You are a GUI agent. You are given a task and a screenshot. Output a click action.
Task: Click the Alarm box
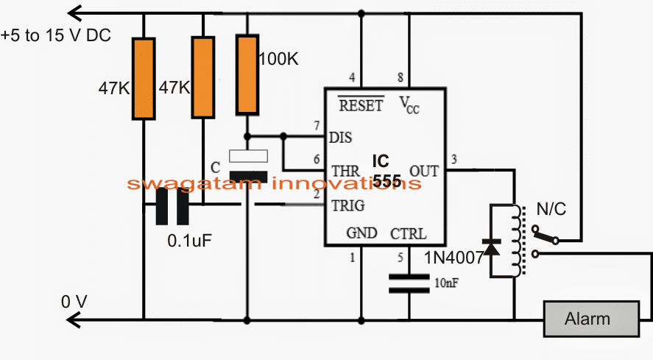[591, 319]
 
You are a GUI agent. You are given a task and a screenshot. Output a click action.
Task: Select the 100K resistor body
[247, 74]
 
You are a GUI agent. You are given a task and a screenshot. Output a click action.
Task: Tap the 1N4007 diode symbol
[491, 247]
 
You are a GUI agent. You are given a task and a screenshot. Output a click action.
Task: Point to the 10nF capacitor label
[446, 283]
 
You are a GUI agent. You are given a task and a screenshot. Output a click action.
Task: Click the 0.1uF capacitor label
[189, 241]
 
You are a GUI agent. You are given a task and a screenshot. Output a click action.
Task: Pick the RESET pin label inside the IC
[361, 105]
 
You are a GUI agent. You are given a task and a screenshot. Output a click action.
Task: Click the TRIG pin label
[348, 205]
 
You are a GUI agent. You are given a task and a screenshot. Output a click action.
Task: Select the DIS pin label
[341, 138]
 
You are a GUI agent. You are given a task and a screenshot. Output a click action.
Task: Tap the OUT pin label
[424, 172]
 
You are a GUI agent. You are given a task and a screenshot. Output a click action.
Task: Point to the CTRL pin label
[408, 234]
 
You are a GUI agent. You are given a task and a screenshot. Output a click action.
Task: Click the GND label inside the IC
[361, 233]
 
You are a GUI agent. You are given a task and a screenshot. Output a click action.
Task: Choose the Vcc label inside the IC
[409, 105]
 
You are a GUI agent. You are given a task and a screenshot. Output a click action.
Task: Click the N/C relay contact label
[551, 209]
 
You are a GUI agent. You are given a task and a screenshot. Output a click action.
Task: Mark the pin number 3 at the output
[454, 159]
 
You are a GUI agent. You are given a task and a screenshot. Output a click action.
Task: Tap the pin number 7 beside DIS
[317, 125]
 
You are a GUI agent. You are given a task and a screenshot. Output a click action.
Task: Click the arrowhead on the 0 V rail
[74, 320]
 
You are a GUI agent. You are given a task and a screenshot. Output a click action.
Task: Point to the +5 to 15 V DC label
[56, 35]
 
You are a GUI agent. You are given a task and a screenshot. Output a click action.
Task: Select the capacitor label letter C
[215, 168]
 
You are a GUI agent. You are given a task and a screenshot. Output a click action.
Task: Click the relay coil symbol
[518, 241]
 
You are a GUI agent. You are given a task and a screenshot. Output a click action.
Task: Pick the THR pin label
[346, 172]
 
